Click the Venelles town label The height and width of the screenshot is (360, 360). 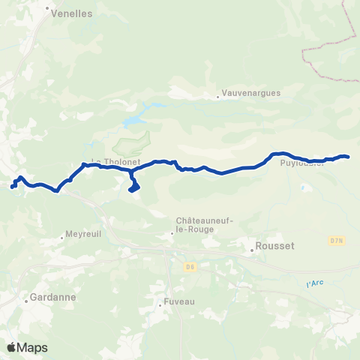[x=72, y=13]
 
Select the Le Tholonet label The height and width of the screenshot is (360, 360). [x=106, y=160]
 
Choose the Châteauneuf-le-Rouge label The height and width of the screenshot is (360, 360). [x=194, y=224]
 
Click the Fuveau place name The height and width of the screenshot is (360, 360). [x=180, y=304]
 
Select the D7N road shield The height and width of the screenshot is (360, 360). [x=336, y=241]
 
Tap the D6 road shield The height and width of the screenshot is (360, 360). [x=191, y=266]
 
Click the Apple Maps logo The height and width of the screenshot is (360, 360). [x=27, y=347]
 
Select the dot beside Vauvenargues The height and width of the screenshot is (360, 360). [x=217, y=95]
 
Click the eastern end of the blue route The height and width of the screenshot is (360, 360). [x=349, y=157]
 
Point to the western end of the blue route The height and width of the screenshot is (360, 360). [x=12, y=187]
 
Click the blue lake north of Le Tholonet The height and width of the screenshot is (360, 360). [x=133, y=121]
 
